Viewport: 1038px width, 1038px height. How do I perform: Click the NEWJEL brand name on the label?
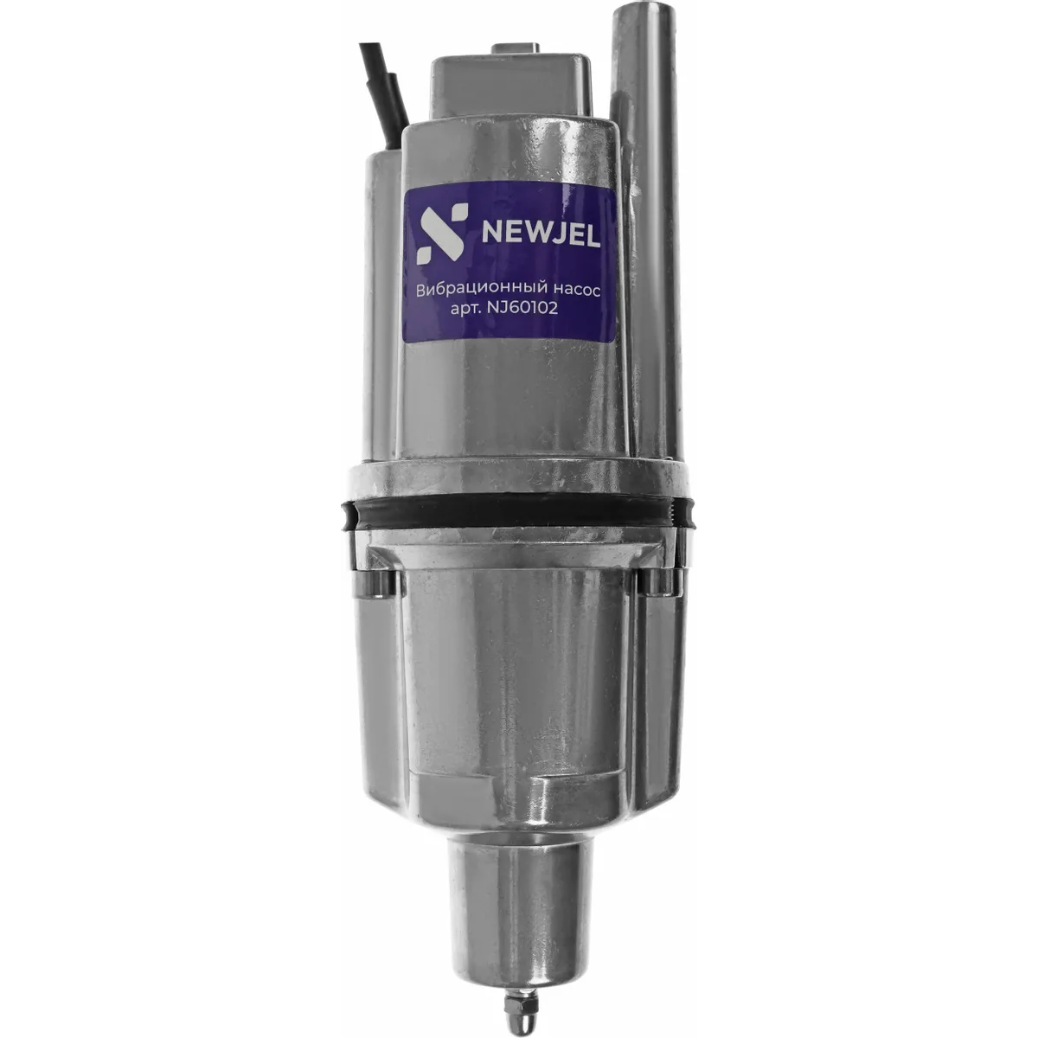coord(541,234)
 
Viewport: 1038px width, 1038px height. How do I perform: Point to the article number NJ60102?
coord(522,309)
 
